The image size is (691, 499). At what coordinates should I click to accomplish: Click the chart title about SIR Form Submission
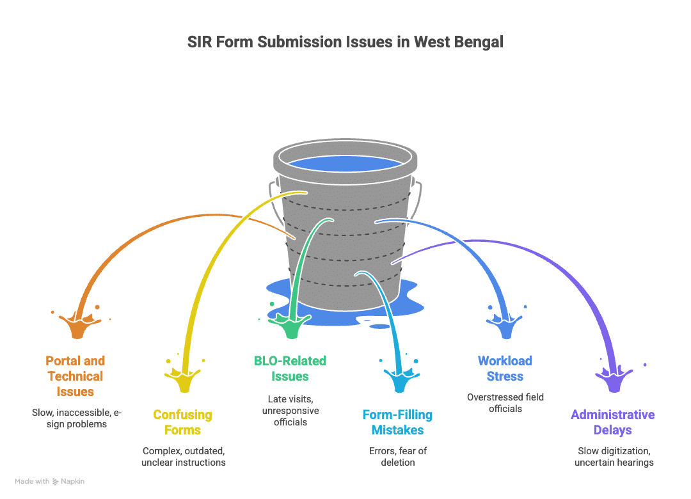[345, 43]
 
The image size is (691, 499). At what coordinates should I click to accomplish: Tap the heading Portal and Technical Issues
[75, 376]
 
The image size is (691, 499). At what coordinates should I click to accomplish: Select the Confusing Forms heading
[182, 422]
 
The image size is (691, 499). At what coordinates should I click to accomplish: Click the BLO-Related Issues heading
[290, 368]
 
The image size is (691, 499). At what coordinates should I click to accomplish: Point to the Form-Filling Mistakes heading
[397, 422]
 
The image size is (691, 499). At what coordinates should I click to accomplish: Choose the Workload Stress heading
[505, 368]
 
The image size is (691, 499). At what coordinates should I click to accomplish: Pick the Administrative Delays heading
[612, 422]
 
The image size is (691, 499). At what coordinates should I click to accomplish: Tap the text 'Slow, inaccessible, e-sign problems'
[76, 418]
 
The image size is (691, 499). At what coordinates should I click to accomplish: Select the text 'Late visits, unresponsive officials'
[290, 411]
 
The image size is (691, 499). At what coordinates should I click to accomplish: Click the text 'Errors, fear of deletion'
[397, 456]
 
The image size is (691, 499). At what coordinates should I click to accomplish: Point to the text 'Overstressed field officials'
[505, 402]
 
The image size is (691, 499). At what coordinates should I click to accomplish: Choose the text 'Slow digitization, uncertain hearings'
[612, 456]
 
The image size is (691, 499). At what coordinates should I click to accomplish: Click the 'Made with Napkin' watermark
[50, 481]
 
